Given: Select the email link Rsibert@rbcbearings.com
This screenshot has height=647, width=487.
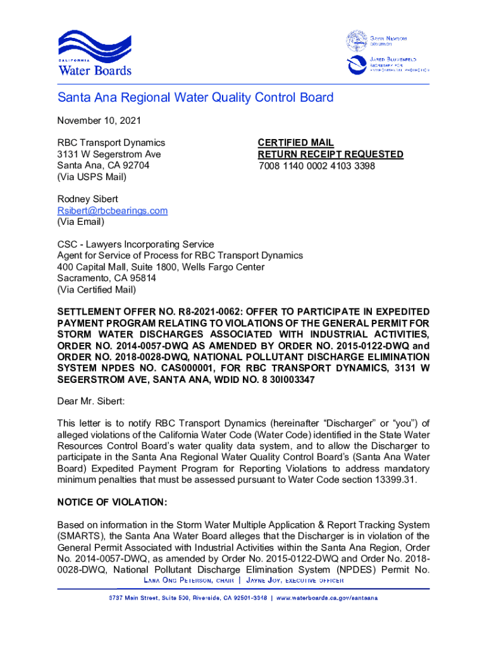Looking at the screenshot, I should coord(112,210).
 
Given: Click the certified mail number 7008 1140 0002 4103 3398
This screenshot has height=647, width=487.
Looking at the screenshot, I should coord(316,166).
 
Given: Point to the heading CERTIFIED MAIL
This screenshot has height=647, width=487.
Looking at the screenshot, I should coord(295,143).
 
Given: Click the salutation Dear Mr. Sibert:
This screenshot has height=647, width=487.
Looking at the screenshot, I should coord(91,401).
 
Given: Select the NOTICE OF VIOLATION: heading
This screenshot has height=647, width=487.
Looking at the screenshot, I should coord(112,502).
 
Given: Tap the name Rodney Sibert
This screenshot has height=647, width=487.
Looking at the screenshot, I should coord(87,199).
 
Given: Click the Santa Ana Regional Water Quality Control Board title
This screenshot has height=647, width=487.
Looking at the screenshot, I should coord(195,98).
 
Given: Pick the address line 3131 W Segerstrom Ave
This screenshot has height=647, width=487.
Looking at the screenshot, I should coord(109,154).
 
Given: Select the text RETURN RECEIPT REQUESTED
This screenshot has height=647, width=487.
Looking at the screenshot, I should coord(330,154).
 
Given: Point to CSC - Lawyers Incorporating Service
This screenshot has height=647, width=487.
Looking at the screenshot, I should coord(135,244).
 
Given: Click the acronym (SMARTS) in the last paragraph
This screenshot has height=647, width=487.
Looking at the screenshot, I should coord(79,536).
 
